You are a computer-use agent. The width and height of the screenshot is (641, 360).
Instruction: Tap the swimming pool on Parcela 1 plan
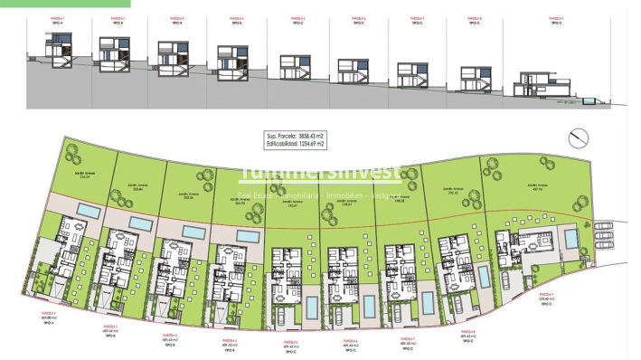pyautogui.click(x=88, y=210)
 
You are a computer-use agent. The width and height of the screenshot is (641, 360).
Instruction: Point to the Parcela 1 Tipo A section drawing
pyautogui.click(x=61, y=50)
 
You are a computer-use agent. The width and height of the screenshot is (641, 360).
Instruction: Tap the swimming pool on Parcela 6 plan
pyautogui.click(x=369, y=307)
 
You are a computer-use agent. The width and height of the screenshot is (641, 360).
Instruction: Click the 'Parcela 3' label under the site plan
pyautogui.click(x=168, y=336)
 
